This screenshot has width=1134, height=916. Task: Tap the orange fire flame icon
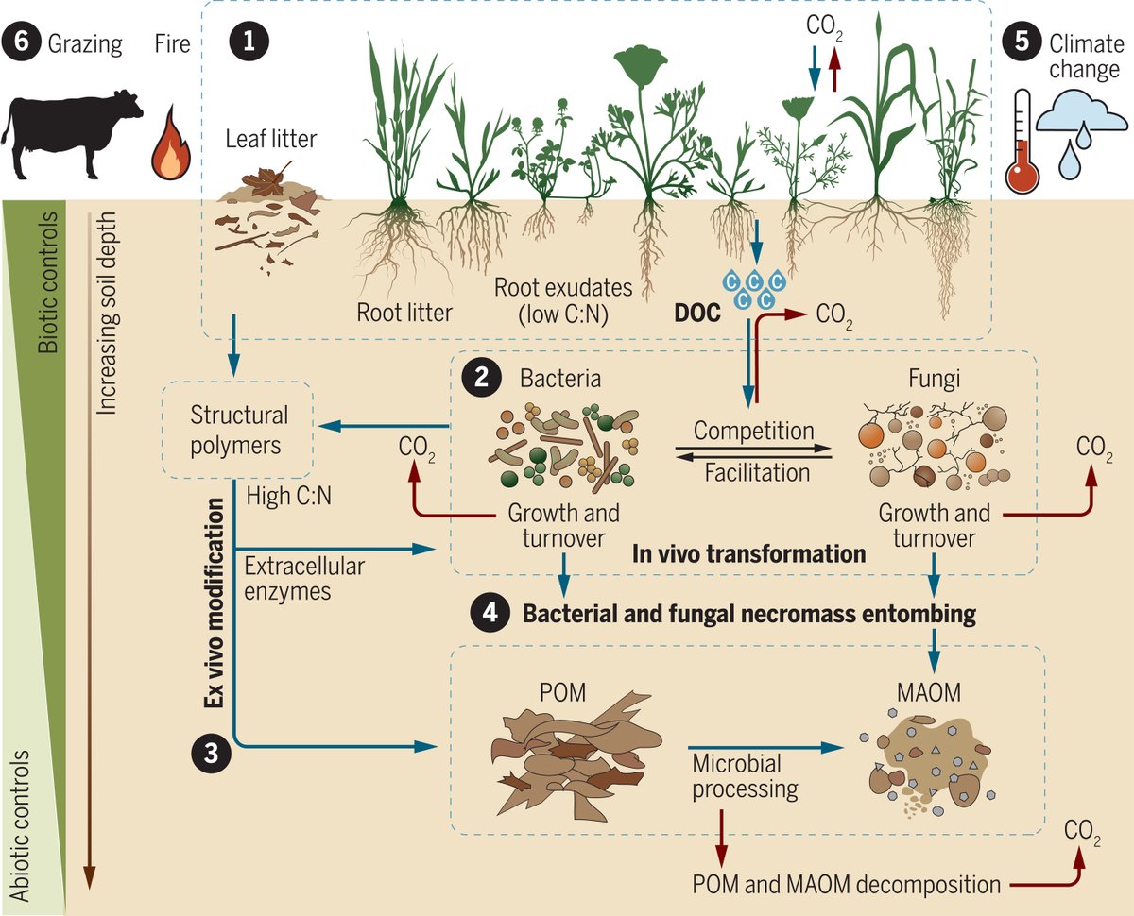tap(170, 151)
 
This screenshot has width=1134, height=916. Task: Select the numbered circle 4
tap(490, 614)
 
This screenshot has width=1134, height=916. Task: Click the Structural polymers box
tap(239, 430)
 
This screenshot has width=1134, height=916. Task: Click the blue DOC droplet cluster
tap(753, 288)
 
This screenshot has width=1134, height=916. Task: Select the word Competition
tap(753, 431)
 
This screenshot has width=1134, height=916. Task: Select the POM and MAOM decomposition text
tap(846, 884)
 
